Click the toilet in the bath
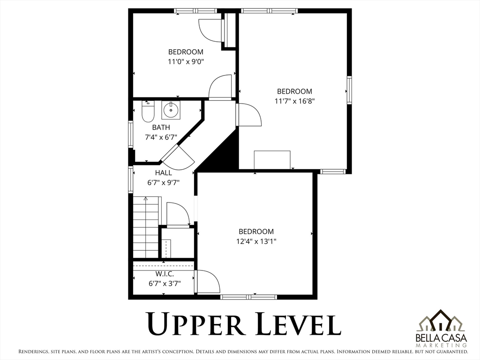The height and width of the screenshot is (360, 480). point(148,112)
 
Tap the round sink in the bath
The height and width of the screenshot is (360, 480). point(171,110)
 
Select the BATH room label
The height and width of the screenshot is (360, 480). point(161,127)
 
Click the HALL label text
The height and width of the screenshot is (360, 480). point(164,173)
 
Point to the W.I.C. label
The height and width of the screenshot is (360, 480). point(165,274)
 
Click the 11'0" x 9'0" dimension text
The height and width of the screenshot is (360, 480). point(186,61)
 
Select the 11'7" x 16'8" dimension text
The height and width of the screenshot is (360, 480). point(294,101)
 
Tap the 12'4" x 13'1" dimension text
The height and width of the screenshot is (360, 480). point(256,241)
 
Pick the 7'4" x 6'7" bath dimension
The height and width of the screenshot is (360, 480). point(161,137)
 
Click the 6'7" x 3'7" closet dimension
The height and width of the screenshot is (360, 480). point(165,284)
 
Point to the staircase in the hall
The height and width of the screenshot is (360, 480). point(146,227)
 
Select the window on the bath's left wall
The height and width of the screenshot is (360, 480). point(131,135)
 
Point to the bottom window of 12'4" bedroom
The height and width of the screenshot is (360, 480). point(248,297)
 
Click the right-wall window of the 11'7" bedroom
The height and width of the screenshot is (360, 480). point(349,90)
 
